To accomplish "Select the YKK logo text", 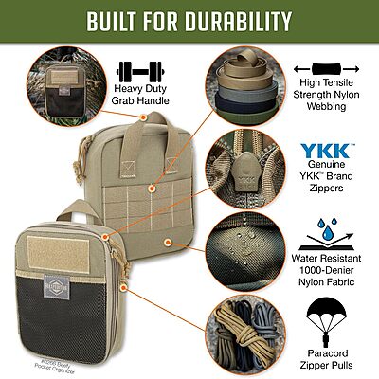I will click(330, 152).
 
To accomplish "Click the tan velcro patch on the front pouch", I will click(66, 249).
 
